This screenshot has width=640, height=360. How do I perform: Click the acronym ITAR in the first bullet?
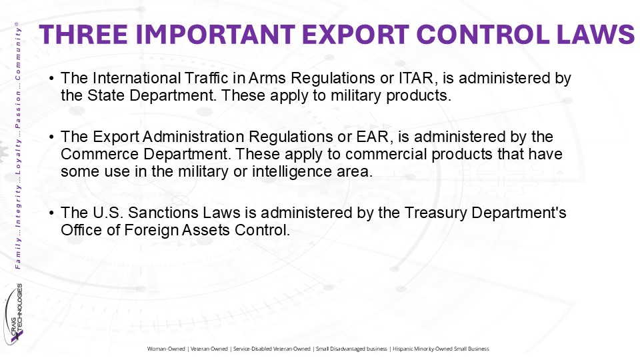tap(416, 78)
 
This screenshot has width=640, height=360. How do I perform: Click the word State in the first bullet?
tap(106, 95)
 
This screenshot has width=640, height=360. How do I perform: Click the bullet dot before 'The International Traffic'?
tap(51, 79)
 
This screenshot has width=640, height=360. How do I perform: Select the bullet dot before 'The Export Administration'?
tap(51, 137)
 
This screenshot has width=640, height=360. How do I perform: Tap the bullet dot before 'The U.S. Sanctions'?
tap(51, 213)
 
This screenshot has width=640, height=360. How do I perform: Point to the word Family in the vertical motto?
tap(17, 253)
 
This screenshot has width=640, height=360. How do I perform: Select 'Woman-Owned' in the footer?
tap(166, 349)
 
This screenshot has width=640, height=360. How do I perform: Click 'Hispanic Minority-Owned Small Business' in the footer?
tap(441, 349)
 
